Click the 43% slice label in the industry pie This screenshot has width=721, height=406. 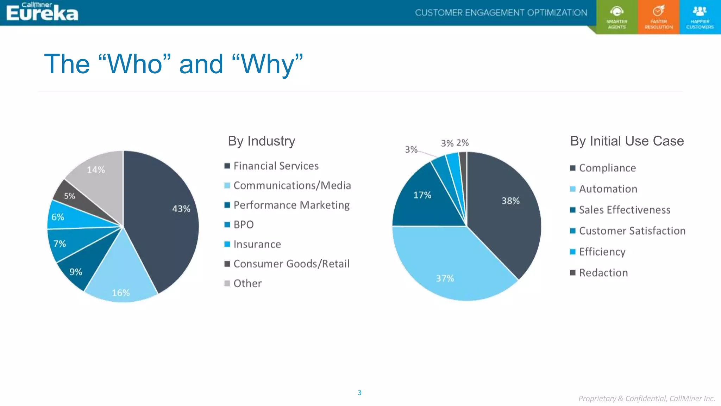tap(181, 209)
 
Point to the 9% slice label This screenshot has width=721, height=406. tap(76, 272)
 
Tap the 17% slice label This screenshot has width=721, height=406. tap(422, 195)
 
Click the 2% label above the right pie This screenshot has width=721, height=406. tap(462, 143)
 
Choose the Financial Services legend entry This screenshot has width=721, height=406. tap(276, 166)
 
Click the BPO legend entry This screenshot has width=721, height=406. tap(243, 224)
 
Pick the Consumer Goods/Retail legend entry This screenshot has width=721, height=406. tap(291, 264)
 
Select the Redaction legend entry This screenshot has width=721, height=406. tap(603, 272)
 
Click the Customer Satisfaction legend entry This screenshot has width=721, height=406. tap(632, 230)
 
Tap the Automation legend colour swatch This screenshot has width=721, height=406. tap(573, 189)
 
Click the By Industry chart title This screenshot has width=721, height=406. tap(261, 141)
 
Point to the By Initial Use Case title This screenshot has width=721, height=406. tap(627, 141)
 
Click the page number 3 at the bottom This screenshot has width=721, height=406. tap(359, 393)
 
